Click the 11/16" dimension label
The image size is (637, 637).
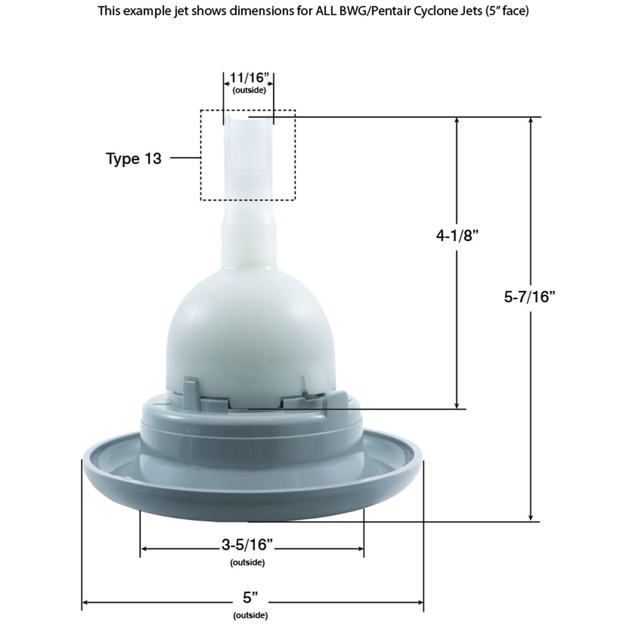pos(249,78)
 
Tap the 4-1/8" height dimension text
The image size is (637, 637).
pos(457,236)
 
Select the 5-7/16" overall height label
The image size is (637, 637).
pos(529,297)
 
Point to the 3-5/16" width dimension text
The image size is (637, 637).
pos(248,545)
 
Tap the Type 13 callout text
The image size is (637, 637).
pos(134,158)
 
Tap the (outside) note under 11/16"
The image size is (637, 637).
pos(249,90)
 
